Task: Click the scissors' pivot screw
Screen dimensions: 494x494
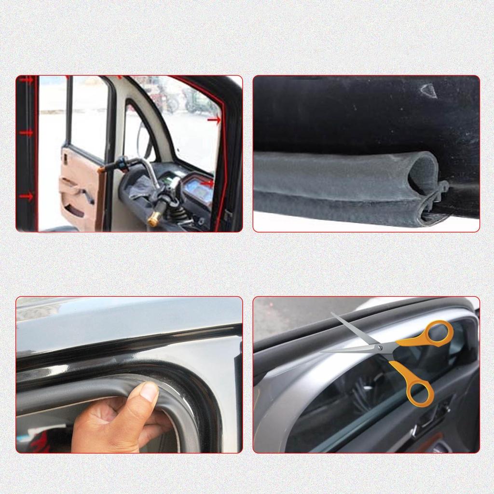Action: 380,346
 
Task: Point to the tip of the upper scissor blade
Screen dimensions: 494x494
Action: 332,314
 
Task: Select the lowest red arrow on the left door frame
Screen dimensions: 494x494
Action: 27,196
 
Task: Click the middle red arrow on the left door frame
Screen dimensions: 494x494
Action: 27,133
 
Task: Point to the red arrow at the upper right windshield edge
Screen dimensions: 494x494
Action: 214,120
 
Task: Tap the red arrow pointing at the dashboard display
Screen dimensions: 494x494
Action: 207,183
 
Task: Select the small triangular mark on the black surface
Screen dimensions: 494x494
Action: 428,90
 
